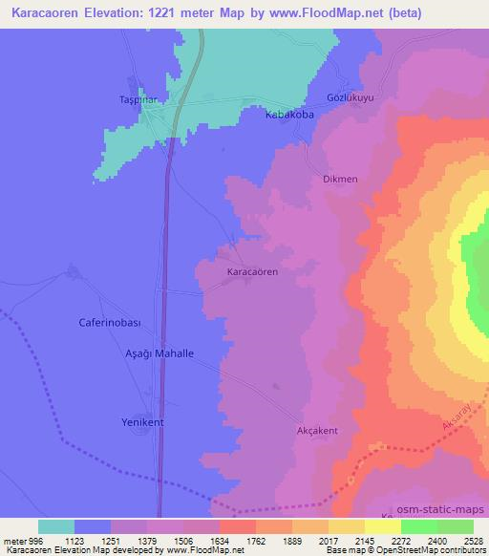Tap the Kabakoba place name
click(289, 114)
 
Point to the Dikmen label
click(341, 179)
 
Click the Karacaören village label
click(253, 272)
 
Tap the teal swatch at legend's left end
click(56, 526)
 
